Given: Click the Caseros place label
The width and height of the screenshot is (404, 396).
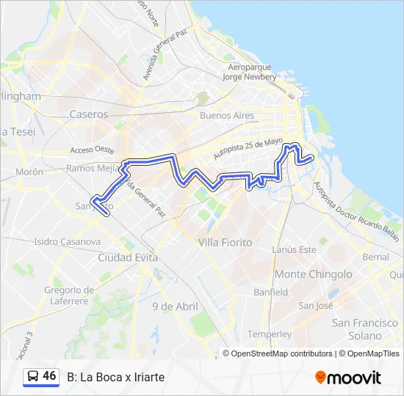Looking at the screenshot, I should (88, 114).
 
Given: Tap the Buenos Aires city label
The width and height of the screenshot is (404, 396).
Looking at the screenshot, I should (227, 116).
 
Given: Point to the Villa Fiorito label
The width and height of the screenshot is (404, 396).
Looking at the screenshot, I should (226, 242).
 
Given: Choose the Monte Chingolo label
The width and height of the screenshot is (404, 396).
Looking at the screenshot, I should (314, 274).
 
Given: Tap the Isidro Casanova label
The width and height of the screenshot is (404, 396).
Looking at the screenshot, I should (67, 241).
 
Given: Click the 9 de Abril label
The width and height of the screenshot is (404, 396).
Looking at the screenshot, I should (176, 306).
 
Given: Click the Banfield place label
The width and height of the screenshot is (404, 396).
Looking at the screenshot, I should (271, 292).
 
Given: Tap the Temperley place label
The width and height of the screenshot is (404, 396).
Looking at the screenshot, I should (270, 334).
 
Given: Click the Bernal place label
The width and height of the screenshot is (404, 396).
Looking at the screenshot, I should (375, 257).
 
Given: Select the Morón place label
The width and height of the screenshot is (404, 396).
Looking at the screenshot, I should (29, 172).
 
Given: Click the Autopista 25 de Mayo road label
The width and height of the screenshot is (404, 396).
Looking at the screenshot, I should (248, 150).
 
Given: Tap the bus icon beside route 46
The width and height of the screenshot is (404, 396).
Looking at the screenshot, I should (32, 377).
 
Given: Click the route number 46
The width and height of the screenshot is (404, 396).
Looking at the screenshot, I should (49, 376).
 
